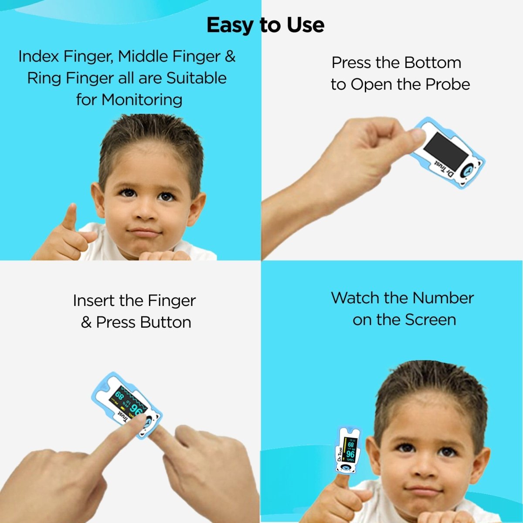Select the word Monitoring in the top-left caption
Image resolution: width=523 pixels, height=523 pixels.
tap(142, 100)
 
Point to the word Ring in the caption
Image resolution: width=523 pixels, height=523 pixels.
tap(44, 78)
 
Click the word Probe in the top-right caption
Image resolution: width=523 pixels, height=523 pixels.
tap(447, 85)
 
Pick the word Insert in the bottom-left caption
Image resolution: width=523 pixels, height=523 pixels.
tap(94, 301)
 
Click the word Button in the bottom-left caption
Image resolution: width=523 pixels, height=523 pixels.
tap(166, 323)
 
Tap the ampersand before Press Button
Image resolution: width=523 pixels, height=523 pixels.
tap(86, 323)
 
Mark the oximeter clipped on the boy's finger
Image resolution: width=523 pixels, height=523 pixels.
tap(347, 451)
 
